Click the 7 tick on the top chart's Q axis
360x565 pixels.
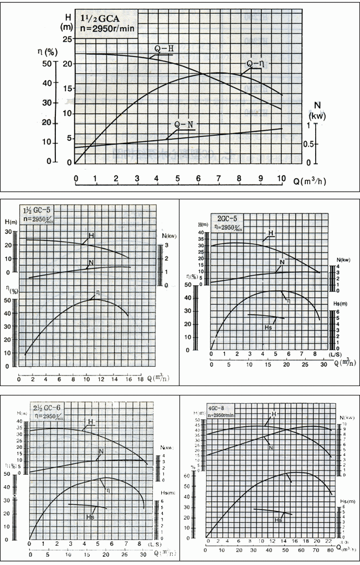(219, 178)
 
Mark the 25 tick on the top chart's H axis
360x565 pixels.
(68, 39)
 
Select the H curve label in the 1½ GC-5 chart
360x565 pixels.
(91, 236)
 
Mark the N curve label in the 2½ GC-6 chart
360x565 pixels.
(101, 451)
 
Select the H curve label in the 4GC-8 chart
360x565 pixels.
(273, 414)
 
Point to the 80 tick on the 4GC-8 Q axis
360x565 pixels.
(332, 549)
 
